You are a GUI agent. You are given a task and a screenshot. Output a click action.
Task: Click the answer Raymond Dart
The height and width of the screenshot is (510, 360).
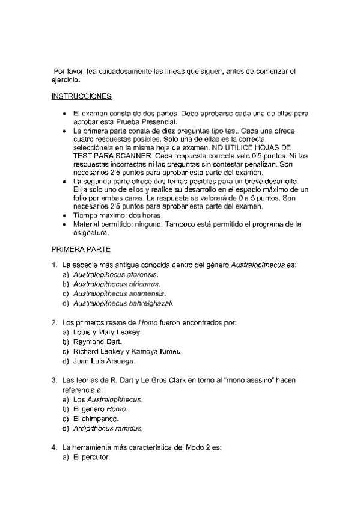(x=98, y=342)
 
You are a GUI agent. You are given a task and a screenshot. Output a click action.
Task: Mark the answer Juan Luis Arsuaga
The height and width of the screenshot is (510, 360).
(x=104, y=361)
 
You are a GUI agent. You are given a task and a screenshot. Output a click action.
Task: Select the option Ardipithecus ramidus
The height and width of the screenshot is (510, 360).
(x=107, y=428)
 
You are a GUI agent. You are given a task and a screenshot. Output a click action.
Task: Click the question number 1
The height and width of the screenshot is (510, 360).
(x=54, y=265)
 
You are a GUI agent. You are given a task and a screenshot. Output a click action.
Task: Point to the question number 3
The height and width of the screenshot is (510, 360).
(x=54, y=380)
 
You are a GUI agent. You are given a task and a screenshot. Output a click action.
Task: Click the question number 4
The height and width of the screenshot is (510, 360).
(x=54, y=447)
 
